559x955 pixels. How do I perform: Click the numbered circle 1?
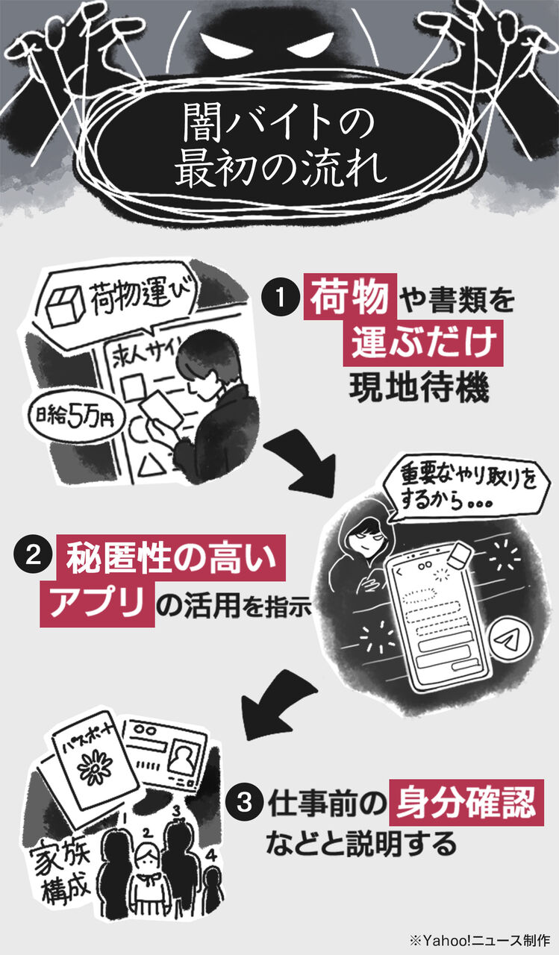click(280, 298)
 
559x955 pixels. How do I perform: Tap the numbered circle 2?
click(33, 556)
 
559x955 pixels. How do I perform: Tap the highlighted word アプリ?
click(97, 604)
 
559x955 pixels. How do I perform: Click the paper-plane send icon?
click(510, 640)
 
